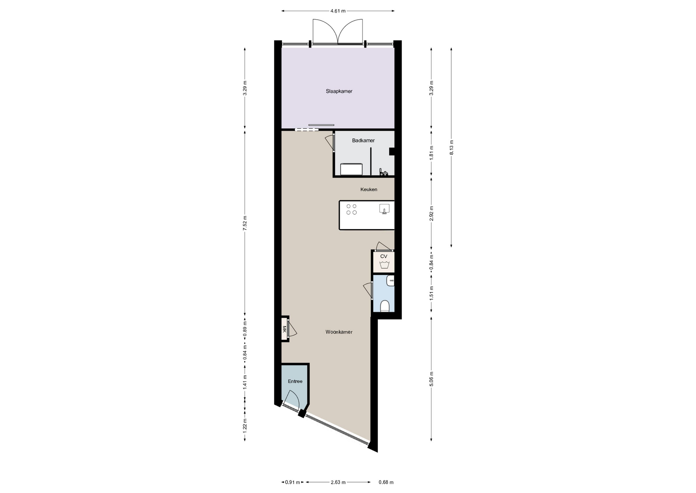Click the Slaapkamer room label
click(339, 91)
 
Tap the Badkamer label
click(363, 140)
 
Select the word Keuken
click(369, 190)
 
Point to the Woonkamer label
click(339, 332)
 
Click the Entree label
click(295, 381)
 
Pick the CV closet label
click(384, 256)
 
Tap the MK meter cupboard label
click(285, 329)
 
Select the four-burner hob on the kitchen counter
click(351, 209)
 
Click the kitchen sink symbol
click(384, 209)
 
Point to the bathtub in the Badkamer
click(351, 169)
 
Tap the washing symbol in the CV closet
click(384, 265)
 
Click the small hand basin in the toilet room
click(390, 281)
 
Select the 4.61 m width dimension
click(338, 11)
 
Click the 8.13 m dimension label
click(451, 147)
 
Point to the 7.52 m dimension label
click(245, 223)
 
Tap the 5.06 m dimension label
click(431, 379)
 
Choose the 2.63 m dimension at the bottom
click(338, 482)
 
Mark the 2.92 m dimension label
click(431, 213)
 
